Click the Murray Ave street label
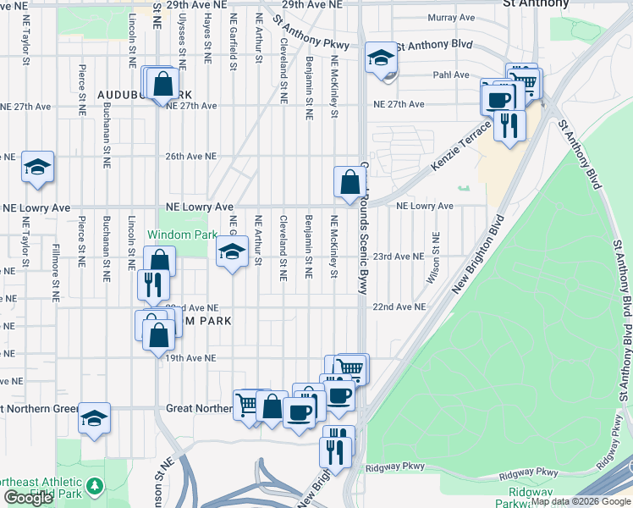point(451,17)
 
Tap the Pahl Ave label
point(451,75)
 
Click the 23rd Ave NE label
point(399,256)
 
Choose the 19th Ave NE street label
point(191,358)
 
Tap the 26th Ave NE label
point(191,157)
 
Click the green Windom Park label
point(177,234)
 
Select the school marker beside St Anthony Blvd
point(381,59)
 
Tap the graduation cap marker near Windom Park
point(232,251)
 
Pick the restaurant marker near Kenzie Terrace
point(509,124)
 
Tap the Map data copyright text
point(581,502)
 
